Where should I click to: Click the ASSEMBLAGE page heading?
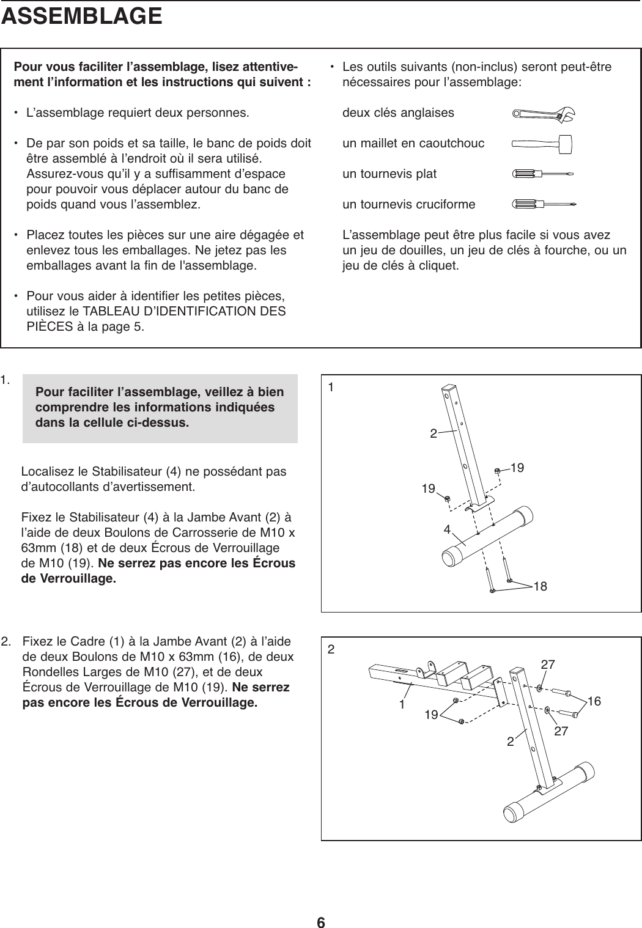point(82,17)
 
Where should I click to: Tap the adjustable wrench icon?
point(544,114)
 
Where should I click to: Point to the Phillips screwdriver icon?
point(544,204)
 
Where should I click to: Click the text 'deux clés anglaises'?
point(398,113)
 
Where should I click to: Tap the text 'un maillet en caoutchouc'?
point(413,144)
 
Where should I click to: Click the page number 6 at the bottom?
point(321,906)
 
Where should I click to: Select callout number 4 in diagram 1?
point(448,528)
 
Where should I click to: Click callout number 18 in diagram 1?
point(539,587)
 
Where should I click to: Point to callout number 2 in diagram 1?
point(433,434)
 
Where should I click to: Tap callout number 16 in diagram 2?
point(594,701)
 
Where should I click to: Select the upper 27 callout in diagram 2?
point(548,664)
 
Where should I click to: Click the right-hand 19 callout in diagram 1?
point(517,468)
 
